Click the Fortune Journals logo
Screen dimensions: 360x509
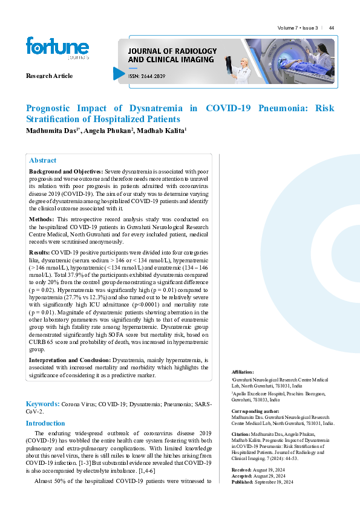click(57, 49)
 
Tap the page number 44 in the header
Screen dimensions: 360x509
click(332, 28)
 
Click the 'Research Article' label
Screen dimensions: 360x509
click(49, 76)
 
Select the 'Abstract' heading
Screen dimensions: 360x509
click(43, 161)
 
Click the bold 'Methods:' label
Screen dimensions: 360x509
click(42, 219)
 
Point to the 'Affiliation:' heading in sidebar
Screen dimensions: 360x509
click(243, 372)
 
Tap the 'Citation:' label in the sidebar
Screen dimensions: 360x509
click(241, 434)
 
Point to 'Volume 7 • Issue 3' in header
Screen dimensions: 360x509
click(298, 28)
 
